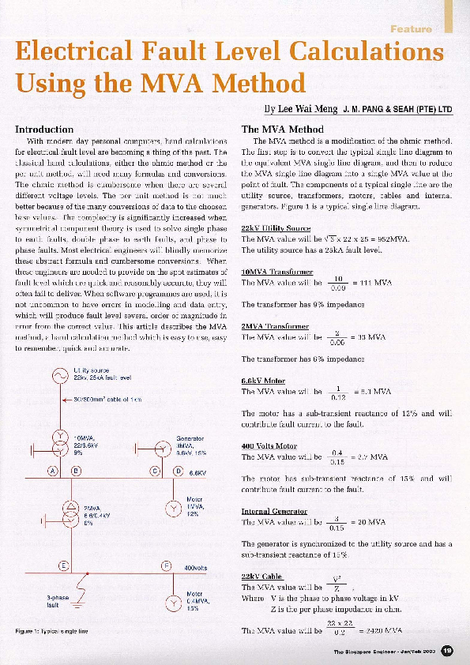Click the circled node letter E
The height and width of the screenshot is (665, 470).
(64, 565)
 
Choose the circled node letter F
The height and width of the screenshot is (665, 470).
(167, 565)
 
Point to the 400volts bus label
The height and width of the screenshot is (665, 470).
(195, 567)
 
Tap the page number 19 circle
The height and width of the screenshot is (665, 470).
(447, 650)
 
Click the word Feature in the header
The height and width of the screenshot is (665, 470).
(410, 29)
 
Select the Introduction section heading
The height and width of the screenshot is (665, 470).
(45, 129)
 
